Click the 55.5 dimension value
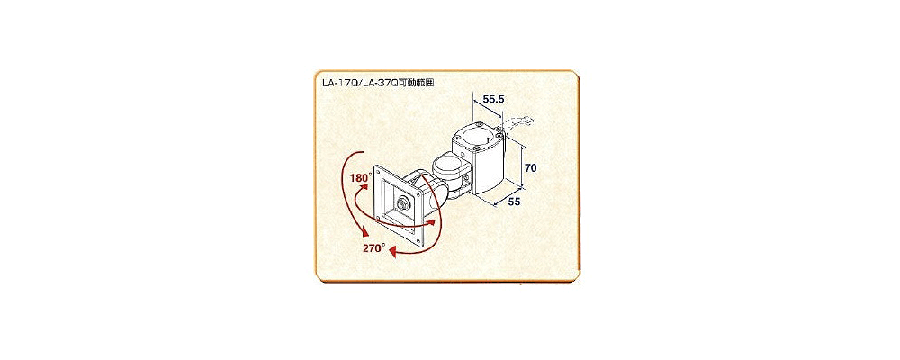493,99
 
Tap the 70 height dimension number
530,169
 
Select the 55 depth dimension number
514,202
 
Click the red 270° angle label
373,248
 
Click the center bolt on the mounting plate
402,202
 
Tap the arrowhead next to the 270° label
393,251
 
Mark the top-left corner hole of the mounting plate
376,170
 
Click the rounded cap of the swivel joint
449,166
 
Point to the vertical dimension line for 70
521,166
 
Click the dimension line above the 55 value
499,196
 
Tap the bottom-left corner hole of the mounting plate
377,217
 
